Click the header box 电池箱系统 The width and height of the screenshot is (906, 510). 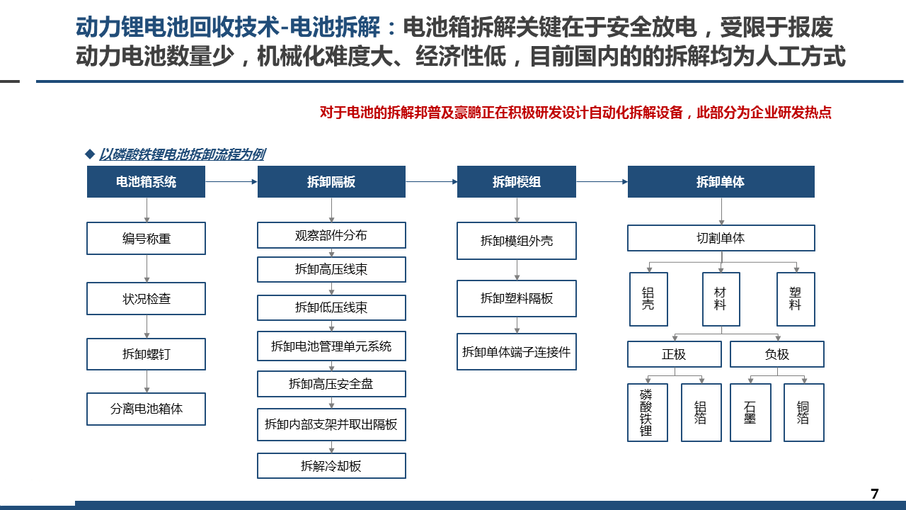point(146,182)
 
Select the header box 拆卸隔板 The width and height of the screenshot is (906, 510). point(331,182)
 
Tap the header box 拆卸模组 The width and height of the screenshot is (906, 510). point(517,182)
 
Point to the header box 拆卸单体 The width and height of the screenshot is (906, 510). point(721,182)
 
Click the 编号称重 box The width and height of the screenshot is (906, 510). point(146,239)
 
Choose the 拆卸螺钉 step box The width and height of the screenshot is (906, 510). point(146,354)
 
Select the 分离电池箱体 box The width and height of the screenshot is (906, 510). point(146,409)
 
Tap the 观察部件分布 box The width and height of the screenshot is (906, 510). point(331,235)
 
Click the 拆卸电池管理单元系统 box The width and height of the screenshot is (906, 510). point(331,346)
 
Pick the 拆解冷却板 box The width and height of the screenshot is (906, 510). point(331,466)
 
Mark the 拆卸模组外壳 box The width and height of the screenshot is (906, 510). point(517,241)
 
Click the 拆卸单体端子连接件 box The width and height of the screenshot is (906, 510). point(517,352)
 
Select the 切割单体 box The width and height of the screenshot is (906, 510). point(721,238)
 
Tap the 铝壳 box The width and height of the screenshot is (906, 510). point(648,299)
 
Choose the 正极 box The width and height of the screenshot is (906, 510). point(675,354)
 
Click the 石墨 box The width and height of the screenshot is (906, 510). point(750,412)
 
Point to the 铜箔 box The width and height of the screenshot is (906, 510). point(803,412)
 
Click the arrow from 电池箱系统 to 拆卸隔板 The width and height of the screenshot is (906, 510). point(231,182)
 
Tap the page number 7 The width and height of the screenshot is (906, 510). point(874,494)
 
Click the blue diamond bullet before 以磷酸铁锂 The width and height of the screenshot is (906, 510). point(90,154)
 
